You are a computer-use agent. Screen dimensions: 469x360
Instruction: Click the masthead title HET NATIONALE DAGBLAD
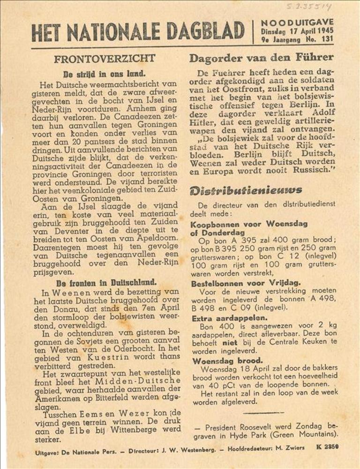(138, 32)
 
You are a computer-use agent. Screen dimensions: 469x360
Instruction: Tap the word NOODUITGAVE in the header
(298, 22)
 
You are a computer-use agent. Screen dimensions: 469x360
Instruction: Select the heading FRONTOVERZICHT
(105, 59)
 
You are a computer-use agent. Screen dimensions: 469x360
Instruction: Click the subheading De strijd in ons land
(105, 74)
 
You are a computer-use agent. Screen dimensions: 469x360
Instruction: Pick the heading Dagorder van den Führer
(261, 58)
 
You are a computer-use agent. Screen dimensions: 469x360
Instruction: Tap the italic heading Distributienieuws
(246, 190)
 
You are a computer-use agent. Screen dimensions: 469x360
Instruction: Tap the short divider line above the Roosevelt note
(264, 413)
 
